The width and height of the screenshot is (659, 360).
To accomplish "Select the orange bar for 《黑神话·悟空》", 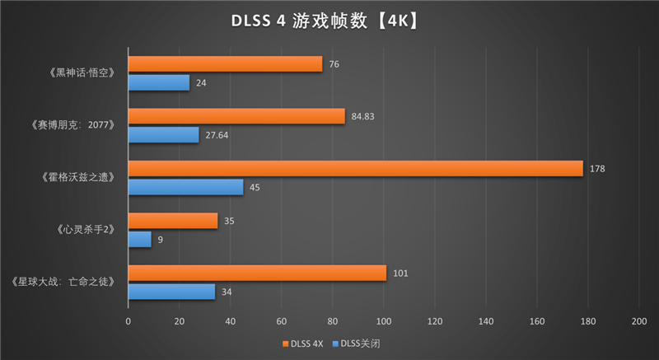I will tap(225, 64).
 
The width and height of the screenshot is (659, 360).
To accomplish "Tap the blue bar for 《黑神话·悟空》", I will tap(159, 82).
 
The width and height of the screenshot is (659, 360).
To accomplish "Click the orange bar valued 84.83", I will tap(236, 116).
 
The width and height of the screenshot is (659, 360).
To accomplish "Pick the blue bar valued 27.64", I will tap(164, 134).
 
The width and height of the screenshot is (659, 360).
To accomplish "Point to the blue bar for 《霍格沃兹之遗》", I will tap(185, 187).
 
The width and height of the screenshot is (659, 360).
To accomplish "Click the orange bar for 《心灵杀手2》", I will tap(173, 221).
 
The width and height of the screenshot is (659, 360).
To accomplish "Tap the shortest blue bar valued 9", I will tap(140, 239).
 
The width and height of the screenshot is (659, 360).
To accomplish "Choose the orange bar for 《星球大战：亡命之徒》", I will tap(257, 273).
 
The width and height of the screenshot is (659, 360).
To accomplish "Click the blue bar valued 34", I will tap(171, 291).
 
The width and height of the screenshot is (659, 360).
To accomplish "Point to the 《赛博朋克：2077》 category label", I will tap(74, 125).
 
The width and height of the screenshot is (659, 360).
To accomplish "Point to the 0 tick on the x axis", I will tap(129, 321).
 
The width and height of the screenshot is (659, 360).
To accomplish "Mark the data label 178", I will tap(598, 169).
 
